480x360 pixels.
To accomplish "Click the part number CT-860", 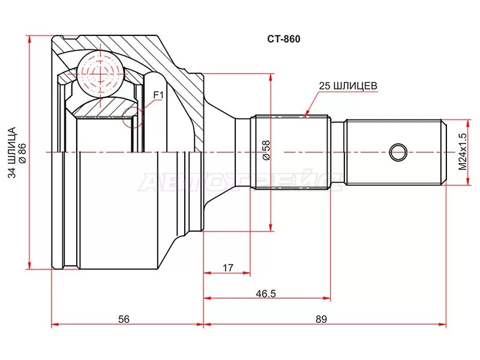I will coord(283,40).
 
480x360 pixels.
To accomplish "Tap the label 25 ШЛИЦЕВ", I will coord(348,86).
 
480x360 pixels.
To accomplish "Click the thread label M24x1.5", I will coord(462,151).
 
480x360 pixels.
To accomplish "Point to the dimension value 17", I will coord(227,267).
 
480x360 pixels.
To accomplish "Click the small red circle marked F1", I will coord(133,116).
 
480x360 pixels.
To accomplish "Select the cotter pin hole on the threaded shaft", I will coord(397,152).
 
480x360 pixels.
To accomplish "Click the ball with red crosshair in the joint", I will coord(98,70).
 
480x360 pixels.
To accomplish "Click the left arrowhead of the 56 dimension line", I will coord(55,325).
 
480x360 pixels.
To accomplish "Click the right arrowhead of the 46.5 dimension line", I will coord(327,298).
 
